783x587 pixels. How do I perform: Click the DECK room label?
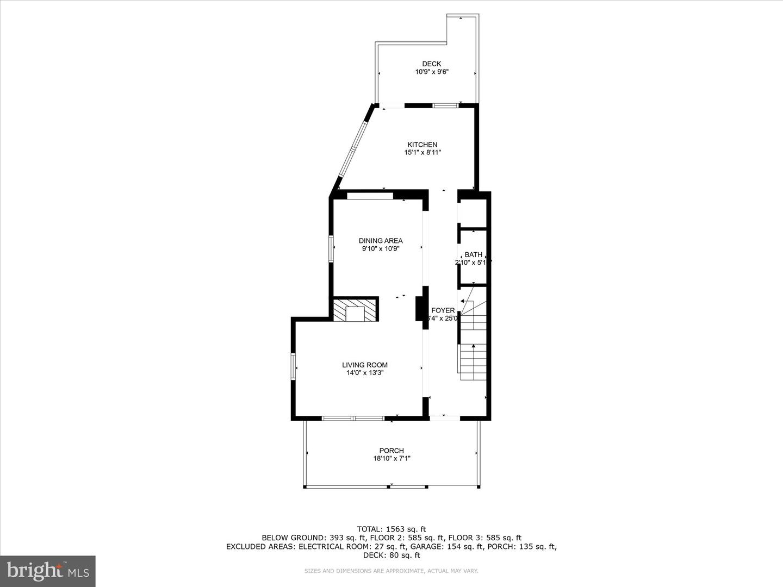pos(432,64)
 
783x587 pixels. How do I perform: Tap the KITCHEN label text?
pos(422,145)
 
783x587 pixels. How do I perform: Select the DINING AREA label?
pos(381,241)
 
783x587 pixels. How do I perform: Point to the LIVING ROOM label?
pos(365,365)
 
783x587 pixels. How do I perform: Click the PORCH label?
pos(391,451)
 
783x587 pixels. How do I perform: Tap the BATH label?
pos(473,254)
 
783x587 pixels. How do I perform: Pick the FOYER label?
pos(443,310)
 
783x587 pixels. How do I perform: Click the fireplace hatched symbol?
pos(356,310)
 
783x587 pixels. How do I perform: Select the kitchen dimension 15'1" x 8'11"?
pos(422,153)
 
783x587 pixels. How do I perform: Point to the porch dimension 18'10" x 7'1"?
pos(391,459)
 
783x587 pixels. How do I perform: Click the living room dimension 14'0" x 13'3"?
pos(365,373)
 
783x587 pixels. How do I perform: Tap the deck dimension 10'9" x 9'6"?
pos(432,72)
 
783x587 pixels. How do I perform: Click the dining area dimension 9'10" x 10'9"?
pos(381,249)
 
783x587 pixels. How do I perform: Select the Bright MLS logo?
pos(48,571)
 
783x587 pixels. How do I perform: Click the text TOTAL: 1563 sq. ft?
pos(391,529)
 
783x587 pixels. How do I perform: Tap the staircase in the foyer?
pos(473,342)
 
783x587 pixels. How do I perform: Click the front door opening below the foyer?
pos(444,418)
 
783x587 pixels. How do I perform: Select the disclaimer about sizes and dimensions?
pos(391,571)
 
